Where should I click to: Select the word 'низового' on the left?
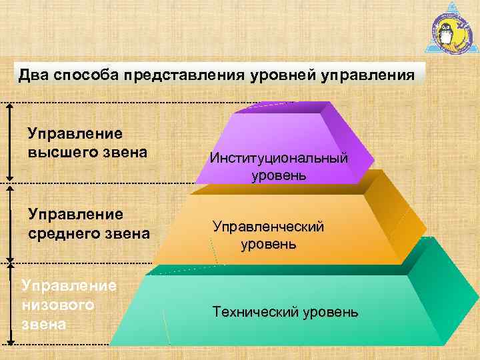(57, 306)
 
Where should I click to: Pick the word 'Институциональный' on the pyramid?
(279, 159)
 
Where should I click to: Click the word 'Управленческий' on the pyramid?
(269, 227)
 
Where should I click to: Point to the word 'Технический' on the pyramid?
(255, 312)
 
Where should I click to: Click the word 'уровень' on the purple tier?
(279, 176)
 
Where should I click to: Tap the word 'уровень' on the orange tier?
(269, 244)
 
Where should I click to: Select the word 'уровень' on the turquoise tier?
(329, 312)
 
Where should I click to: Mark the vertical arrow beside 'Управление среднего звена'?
(9, 223)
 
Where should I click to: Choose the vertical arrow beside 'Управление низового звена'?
(9, 303)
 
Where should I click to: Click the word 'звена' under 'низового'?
(43, 325)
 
